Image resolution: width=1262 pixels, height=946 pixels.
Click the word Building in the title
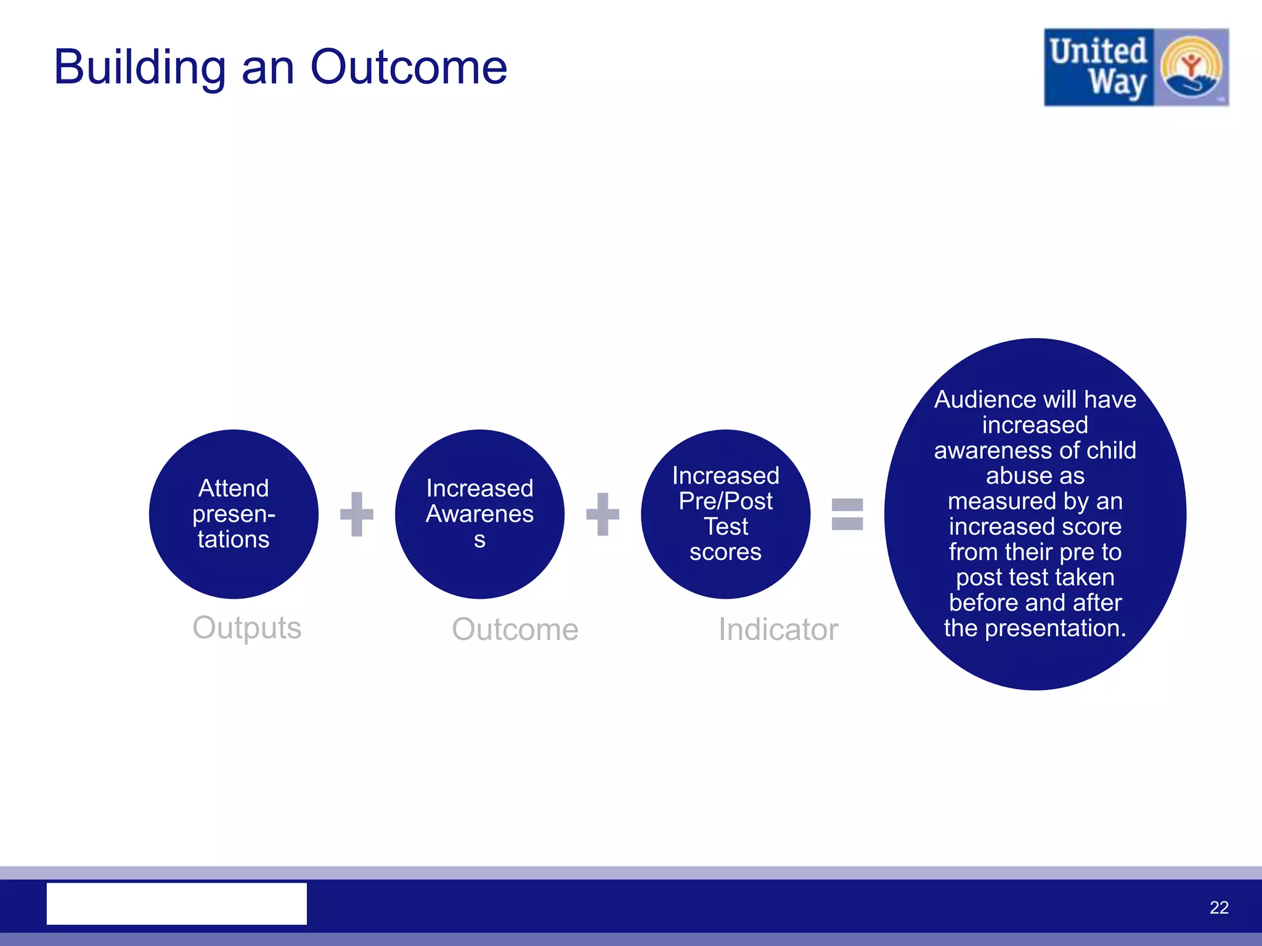pos(139,68)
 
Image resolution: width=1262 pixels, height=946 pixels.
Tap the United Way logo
pos(1136,67)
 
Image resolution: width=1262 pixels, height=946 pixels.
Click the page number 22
pos(1218,907)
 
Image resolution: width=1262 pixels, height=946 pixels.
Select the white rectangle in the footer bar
pos(176,903)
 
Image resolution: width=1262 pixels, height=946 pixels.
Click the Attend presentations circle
pos(234,514)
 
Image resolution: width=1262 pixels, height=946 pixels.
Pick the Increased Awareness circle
pos(479,514)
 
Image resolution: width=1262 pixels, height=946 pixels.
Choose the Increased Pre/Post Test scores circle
pos(725,514)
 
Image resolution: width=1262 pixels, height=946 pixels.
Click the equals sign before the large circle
pos(847,514)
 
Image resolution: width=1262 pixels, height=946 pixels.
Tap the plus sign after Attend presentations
pos(357,514)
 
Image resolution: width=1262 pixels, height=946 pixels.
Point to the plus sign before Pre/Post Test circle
pos(602,514)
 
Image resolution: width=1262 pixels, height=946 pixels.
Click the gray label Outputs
pos(246,628)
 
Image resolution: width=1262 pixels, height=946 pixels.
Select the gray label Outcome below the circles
pos(515,629)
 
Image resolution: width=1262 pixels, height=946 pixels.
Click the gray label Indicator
pos(778,629)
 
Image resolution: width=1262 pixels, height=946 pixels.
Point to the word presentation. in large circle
pos(1055,628)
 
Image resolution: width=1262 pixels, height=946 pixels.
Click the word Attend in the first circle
pos(234,488)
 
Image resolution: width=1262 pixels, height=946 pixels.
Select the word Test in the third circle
pos(725,527)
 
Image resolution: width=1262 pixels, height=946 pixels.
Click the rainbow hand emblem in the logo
pos(1191,68)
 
